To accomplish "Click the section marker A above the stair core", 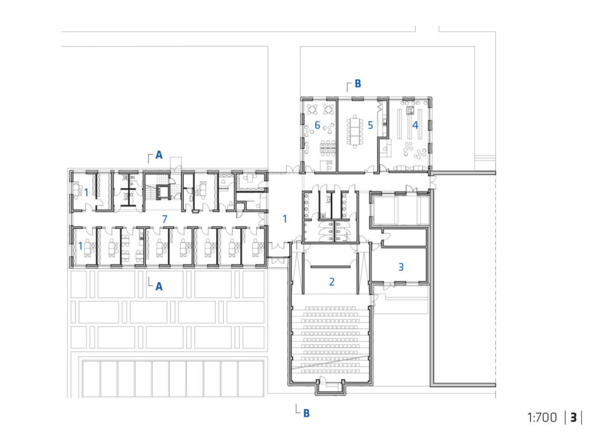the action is point(159,155).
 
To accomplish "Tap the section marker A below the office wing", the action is point(159,286).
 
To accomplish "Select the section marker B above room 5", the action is point(358,84).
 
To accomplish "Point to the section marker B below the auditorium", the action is point(306,414).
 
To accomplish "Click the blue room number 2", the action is point(332,282).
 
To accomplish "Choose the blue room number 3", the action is point(401,267).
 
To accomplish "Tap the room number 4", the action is point(415,125).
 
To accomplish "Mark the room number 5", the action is point(370,125).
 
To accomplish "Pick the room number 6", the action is point(317,125).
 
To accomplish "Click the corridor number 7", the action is point(165,219).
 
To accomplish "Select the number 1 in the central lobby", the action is point(285,218).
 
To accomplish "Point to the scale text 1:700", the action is point(542,417).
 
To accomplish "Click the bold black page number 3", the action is point(573,417).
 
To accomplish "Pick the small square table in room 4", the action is point(410,111).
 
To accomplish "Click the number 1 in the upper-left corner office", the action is point(86,192).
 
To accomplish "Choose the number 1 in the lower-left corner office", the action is point(81,246).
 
